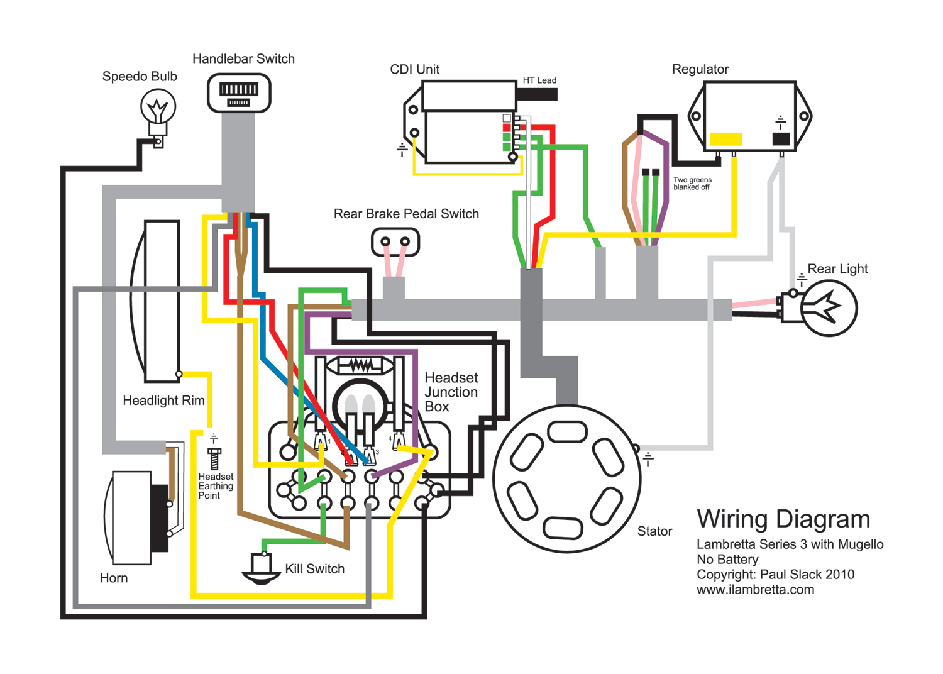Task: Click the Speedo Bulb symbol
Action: [x=158, y=108]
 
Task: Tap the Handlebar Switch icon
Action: [x=239, y=93]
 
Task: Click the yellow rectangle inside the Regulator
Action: [x=725, y=139]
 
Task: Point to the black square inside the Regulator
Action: [x=780, y=139]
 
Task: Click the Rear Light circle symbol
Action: [x=829, y=308]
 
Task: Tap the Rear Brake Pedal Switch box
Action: [x=395, y=242]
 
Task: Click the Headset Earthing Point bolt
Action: [x=214, y=458]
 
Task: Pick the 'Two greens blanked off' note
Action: [x=692, y=184]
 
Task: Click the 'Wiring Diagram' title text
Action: [x=783, y=519]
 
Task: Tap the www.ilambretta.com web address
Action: [x=755, y=590]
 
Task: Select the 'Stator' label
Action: [x=654, y=531]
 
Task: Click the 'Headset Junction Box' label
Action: [x=451, y=392]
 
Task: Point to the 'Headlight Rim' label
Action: [x=163, y=401]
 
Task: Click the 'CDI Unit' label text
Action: [x=414, y=69]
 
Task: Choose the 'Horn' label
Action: [x=114, y=578]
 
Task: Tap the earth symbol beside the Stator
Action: [x=648, y=460]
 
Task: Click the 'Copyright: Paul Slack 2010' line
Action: [x=775, y=574]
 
